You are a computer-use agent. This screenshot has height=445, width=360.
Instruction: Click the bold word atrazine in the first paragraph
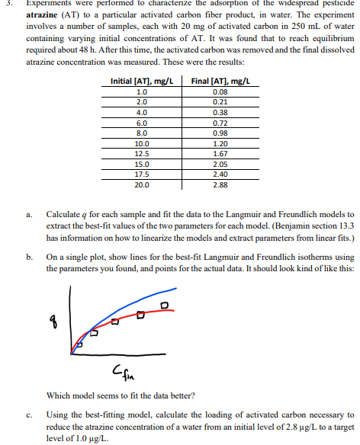pos(44,14)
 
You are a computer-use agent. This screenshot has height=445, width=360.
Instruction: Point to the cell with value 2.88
pos(221,184)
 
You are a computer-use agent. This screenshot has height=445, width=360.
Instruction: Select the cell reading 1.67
pos(221,153)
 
